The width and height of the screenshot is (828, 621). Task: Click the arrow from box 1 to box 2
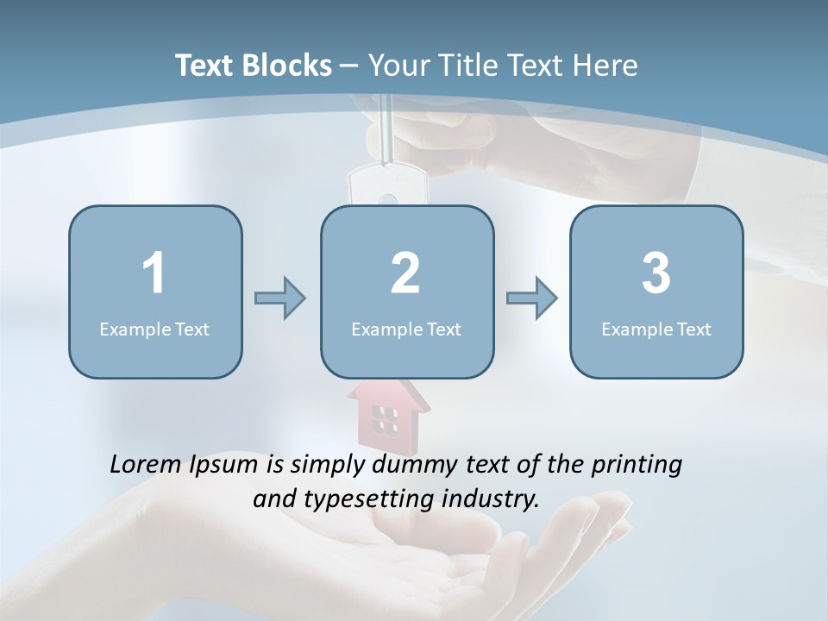click(280, 298)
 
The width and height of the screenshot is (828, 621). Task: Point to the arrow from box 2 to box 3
click(531, 298)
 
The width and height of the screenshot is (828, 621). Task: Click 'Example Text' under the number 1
click(154, 329)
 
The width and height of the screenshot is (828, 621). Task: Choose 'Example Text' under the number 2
click(406, 329)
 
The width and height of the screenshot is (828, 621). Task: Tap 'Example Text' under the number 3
click(656, 329)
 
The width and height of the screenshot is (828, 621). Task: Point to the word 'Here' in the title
click(605, 66)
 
